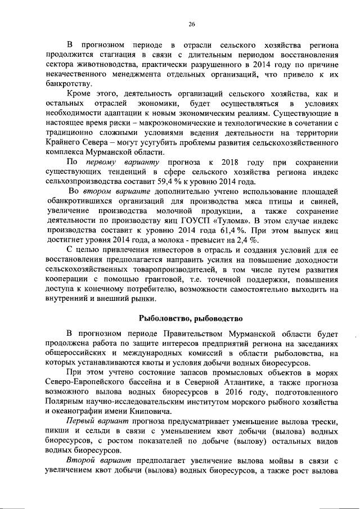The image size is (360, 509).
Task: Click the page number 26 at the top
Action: [191, 24]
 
